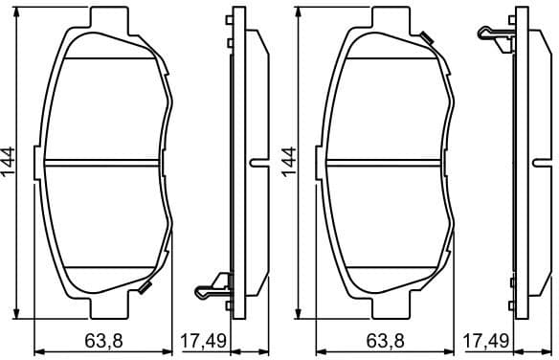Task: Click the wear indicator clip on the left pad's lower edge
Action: coord(144,288)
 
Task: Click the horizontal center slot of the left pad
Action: coord(102,161)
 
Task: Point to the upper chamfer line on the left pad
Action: coord(103,56)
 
